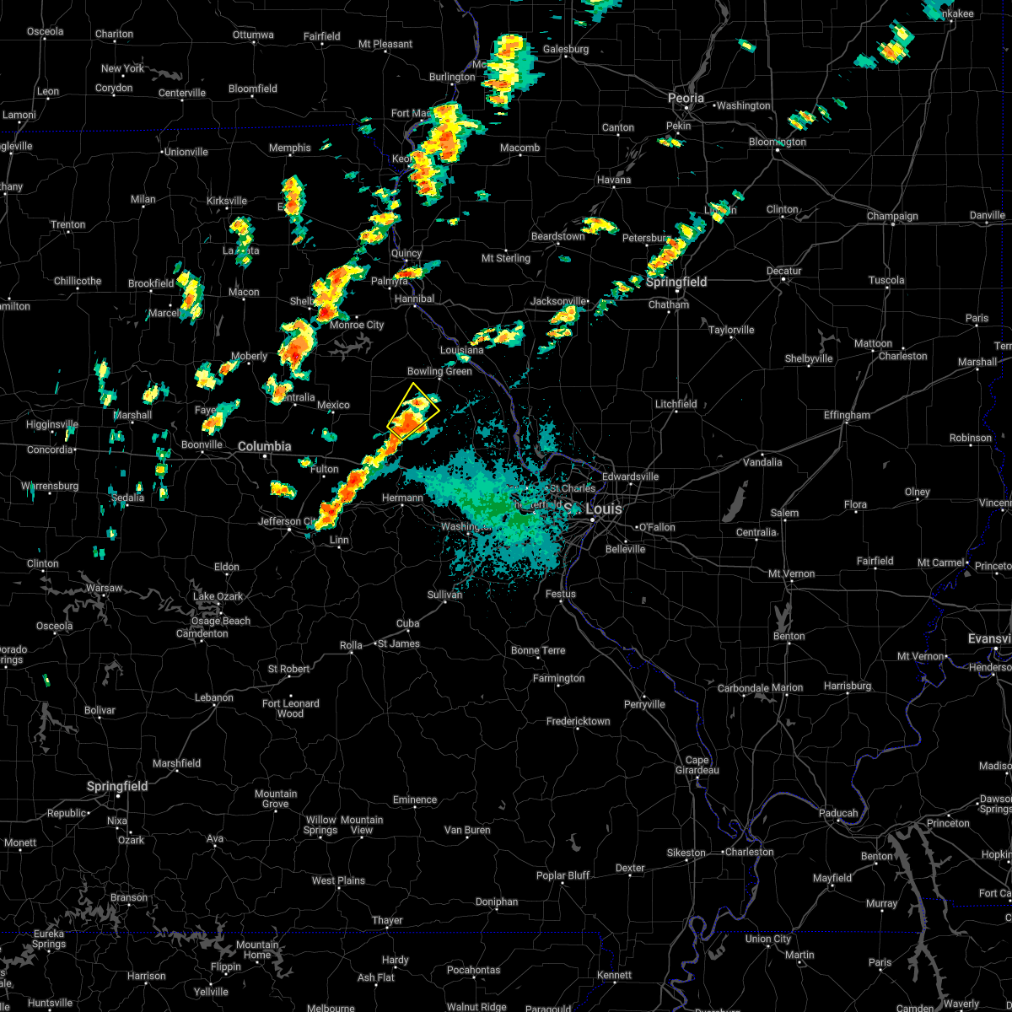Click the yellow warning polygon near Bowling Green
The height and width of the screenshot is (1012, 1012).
413,410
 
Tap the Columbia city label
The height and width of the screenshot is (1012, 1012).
264,446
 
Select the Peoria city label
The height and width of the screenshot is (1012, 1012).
686,99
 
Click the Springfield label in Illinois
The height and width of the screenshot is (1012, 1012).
677,282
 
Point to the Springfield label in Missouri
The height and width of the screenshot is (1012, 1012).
117,786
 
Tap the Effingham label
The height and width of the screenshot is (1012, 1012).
846,415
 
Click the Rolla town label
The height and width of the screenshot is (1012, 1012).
351,645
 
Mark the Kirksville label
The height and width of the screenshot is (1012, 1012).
227,201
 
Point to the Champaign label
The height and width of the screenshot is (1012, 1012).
892,216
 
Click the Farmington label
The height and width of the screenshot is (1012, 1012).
558,678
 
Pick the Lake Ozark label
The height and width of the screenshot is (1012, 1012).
218,596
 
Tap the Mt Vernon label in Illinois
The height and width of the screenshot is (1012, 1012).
791,573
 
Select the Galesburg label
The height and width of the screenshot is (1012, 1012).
565,49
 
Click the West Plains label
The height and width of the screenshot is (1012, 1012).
338,880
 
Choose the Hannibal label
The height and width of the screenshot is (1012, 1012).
414,299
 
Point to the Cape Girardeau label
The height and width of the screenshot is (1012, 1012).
697,765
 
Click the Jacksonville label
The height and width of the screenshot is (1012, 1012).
558,301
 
